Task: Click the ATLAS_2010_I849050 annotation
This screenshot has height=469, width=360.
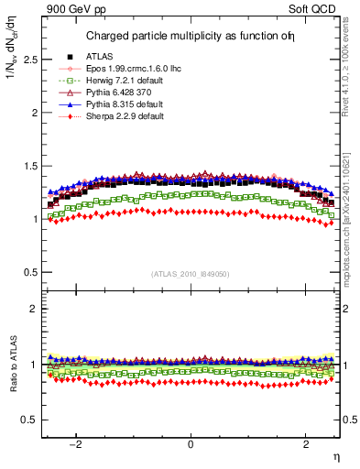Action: [191, 273]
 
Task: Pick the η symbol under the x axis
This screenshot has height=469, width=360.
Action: [335, 455]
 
